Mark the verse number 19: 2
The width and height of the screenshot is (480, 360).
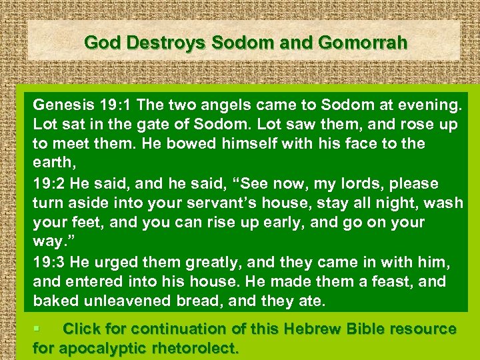53,183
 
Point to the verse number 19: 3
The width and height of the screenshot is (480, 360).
53,262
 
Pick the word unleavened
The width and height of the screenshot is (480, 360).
123,301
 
